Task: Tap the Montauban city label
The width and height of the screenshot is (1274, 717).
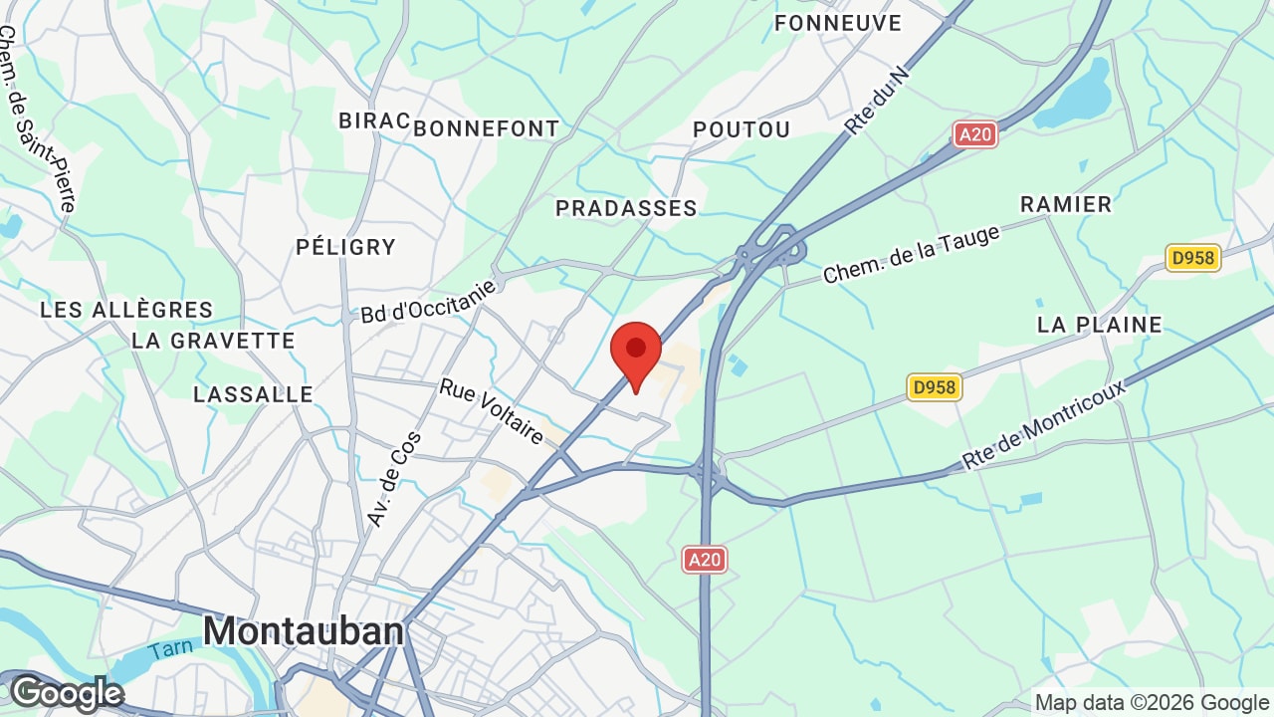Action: pos(304,631)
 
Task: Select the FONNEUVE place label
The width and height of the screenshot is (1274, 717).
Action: pos(837,23)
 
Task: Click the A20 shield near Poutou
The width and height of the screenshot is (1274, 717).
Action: pos(974,134)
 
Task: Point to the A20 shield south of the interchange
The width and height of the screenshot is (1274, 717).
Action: pos(704,560)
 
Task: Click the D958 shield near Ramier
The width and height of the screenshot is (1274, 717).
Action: pos(1192,258)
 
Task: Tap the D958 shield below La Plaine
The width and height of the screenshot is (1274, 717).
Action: pos(935,387)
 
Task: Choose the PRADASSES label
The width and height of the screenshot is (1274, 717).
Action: pos(626,208)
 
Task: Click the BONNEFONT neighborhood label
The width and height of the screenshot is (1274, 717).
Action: pos(486,129)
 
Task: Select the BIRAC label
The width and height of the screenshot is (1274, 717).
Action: pos(373,120)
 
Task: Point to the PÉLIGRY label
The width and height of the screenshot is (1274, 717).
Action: pos(345,247)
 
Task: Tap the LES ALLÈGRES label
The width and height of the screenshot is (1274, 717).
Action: pos(126,311)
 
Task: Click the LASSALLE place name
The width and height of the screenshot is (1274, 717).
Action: pos(253,394)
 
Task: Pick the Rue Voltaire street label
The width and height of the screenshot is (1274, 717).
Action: pos(492,410)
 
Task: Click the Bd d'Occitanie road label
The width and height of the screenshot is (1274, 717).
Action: pos(428,301)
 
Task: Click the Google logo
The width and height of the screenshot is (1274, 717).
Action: pos(66,693)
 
